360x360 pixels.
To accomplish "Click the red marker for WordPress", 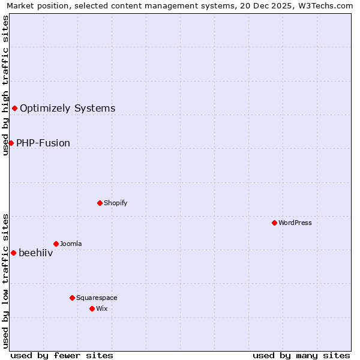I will tap(274, 223).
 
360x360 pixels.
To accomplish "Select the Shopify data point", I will tap(100, 203).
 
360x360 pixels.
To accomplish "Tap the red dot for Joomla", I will tap(56, 244).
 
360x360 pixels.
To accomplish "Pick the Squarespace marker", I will tap(72, 298).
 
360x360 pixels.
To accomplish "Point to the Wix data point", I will tap(92, 308).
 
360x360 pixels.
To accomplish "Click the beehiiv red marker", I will tap(13, 253).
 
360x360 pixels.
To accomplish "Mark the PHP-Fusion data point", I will tap(11, 143).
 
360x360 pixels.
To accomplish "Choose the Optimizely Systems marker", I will tap(14, 108).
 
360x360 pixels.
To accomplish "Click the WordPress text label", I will tap(295, 223).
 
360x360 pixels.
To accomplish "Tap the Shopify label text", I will tap(115, 203).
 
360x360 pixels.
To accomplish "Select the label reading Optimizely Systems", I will tap(67, 108).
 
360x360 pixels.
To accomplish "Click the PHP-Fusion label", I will tap(43, 143).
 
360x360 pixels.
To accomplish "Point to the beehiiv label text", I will tap(35, 253).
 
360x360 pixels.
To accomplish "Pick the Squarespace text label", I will tap(97, 298).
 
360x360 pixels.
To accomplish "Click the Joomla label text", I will tap(71, 244).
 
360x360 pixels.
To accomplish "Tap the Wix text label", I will tap(101, 308).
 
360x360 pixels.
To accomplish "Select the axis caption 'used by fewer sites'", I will tap(62, 355).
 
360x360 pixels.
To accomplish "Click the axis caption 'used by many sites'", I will tap(301, 355).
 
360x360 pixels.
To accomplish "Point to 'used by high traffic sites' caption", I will tap(5, 85).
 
